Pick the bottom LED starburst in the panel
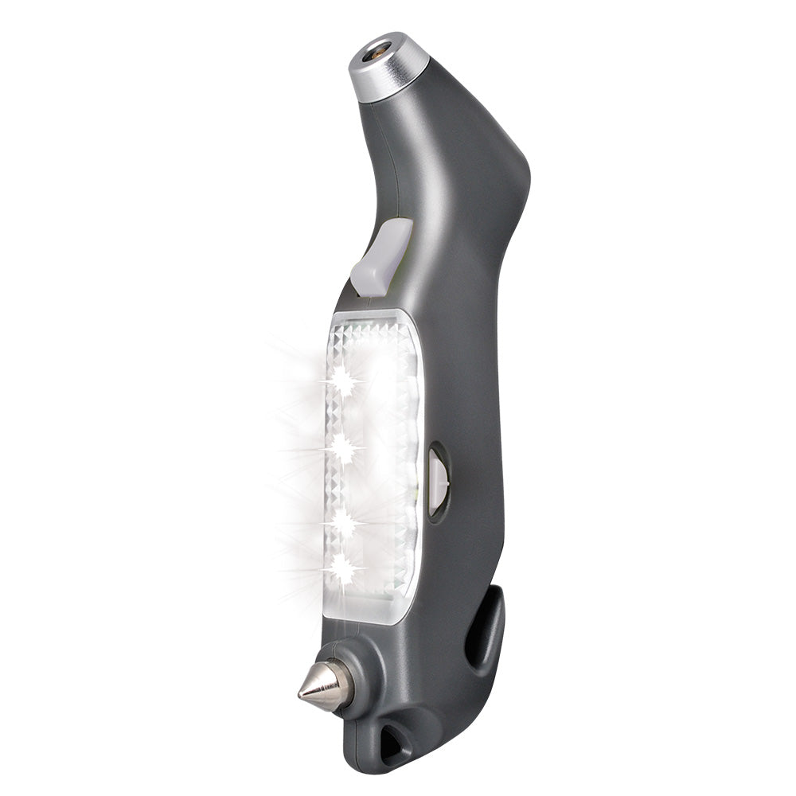click(x=344, y=568)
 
